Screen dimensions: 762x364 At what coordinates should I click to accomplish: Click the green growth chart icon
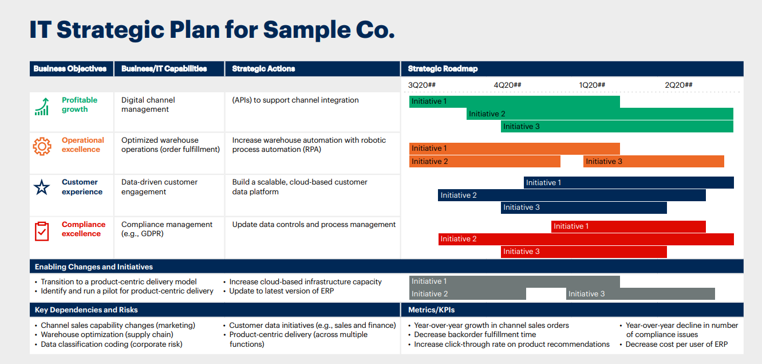tap(42, 107)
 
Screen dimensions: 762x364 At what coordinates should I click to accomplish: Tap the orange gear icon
tap(42, 146)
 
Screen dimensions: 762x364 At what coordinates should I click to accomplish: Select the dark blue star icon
tap(41, 187)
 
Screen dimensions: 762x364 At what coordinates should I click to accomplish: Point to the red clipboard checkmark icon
tap(42, 231)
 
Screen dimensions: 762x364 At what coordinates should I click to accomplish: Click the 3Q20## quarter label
tap(422, 85)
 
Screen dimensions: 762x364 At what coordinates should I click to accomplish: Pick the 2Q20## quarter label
tap(678, 85)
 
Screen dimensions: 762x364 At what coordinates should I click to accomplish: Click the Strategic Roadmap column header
tap(443, 69)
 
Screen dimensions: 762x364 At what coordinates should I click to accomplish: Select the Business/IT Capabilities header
tap(164, 69)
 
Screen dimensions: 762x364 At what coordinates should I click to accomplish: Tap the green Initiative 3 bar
tap(617, 127)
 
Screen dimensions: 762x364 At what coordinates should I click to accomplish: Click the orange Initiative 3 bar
tap(653, 162)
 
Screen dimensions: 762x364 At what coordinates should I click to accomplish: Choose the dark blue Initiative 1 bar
tap(629, 182)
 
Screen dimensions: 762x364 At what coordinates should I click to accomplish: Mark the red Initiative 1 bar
tap(628, 226)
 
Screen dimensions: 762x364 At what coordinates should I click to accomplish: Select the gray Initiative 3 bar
tap(640, 294)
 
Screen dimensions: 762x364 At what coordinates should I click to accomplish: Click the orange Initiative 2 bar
tap(485, 162)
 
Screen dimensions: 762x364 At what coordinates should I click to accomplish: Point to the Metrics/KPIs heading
tap(431, 310)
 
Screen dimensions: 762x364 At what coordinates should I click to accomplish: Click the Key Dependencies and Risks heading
tap(86, 310)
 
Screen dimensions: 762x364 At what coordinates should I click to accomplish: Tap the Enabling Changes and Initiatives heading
tap(93, 267)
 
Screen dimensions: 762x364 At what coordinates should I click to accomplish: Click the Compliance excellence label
tap(84, 229)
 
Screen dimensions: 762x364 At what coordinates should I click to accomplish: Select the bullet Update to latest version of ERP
tap(281, 291)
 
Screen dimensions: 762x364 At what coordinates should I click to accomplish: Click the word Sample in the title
tap(306, 30)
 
